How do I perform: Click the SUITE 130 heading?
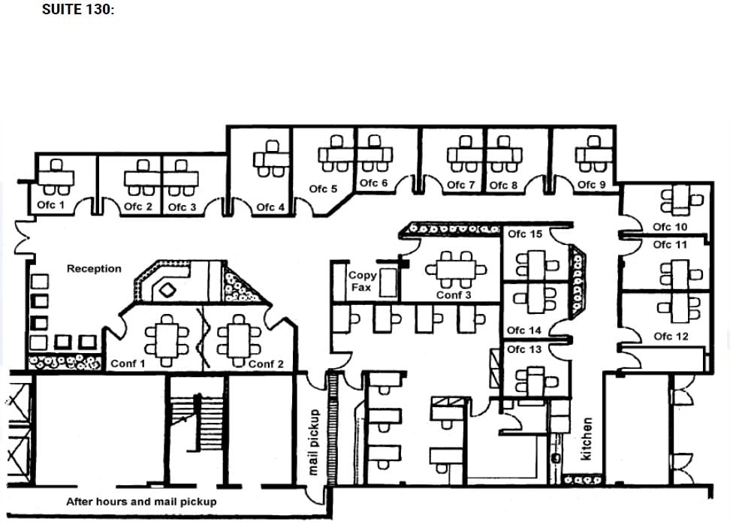coord(79,11)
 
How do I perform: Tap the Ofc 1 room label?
coord(51,204)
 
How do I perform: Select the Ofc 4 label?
coord(270,207)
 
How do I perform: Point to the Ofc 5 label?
coord(323,189)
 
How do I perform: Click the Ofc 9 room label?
coord(591,184)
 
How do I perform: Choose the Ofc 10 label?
coord(670,227)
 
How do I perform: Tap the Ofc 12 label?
coord(670,336)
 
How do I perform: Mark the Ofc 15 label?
coord(524,234)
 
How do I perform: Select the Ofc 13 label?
coord(523,349)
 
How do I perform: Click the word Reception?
coord(94,268)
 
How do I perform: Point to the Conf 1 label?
coord(128,364)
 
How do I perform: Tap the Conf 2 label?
coord(266,364)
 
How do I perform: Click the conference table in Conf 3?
coord(454,268)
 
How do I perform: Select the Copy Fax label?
coord(363,281)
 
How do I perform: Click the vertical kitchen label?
coord(587,439)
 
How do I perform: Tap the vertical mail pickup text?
coord(315,442)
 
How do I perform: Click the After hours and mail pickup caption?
coord(141,501)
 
